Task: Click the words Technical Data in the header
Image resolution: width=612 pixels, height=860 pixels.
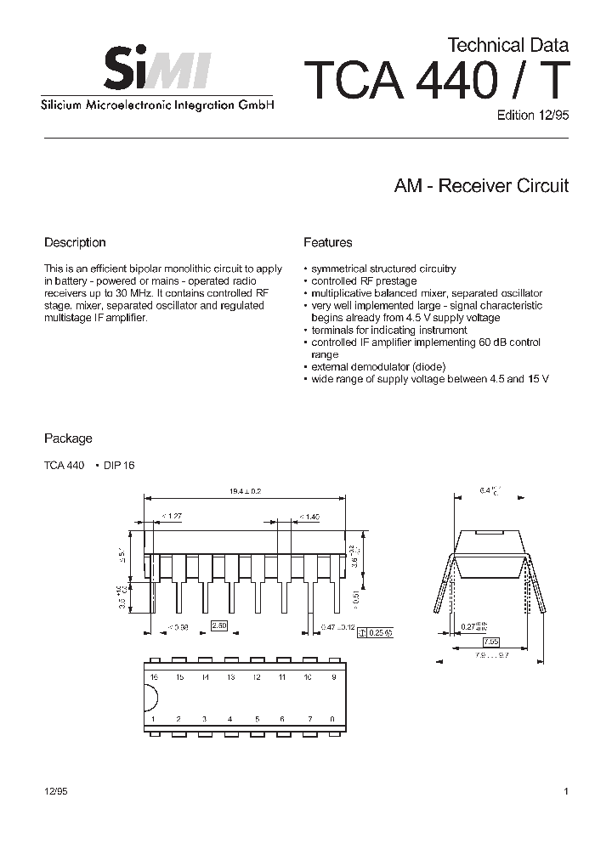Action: (x=507, y=45)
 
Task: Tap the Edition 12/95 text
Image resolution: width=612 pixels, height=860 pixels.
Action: (x=532, y=116)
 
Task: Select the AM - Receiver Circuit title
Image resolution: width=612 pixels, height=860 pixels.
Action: (x=480, y=186)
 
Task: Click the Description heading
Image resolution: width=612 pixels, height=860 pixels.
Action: (x=75, y=242)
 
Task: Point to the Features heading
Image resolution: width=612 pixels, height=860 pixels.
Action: (x=327, y=242)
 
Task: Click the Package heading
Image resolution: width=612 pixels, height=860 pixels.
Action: (x=68, y=438)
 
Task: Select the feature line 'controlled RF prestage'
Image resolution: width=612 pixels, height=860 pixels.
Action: (x=364, y=280)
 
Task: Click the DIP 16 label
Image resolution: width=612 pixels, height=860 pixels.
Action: (x=119, y=465)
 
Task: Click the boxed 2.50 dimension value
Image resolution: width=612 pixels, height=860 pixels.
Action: (x=219, y=625)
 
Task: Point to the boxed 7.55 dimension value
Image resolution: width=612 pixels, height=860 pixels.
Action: (x=491, y=641)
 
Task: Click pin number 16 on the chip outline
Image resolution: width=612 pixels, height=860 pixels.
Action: (x=154, y=676)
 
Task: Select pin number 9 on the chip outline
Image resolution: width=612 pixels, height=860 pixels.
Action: (x=332, y=676)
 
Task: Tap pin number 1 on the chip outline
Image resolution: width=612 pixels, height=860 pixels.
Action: (x=154, y=719)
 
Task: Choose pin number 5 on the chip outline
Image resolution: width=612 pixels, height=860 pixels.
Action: (x=256, y=719)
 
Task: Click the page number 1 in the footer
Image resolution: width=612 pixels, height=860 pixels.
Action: (x=565, y=791)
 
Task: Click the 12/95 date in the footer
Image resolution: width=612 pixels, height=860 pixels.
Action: (x=55, y=791)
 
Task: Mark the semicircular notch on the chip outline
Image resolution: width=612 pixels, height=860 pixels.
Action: (x=151, y=698)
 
